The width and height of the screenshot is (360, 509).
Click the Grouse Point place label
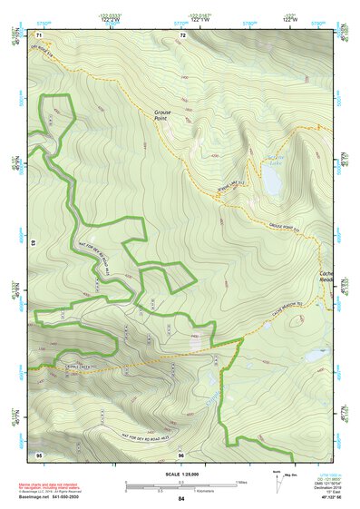[156, 114]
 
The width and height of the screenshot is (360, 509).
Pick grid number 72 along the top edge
[183, 34]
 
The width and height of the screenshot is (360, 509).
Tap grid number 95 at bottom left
[39, 455]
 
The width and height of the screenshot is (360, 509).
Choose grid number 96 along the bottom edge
[181, 455]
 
